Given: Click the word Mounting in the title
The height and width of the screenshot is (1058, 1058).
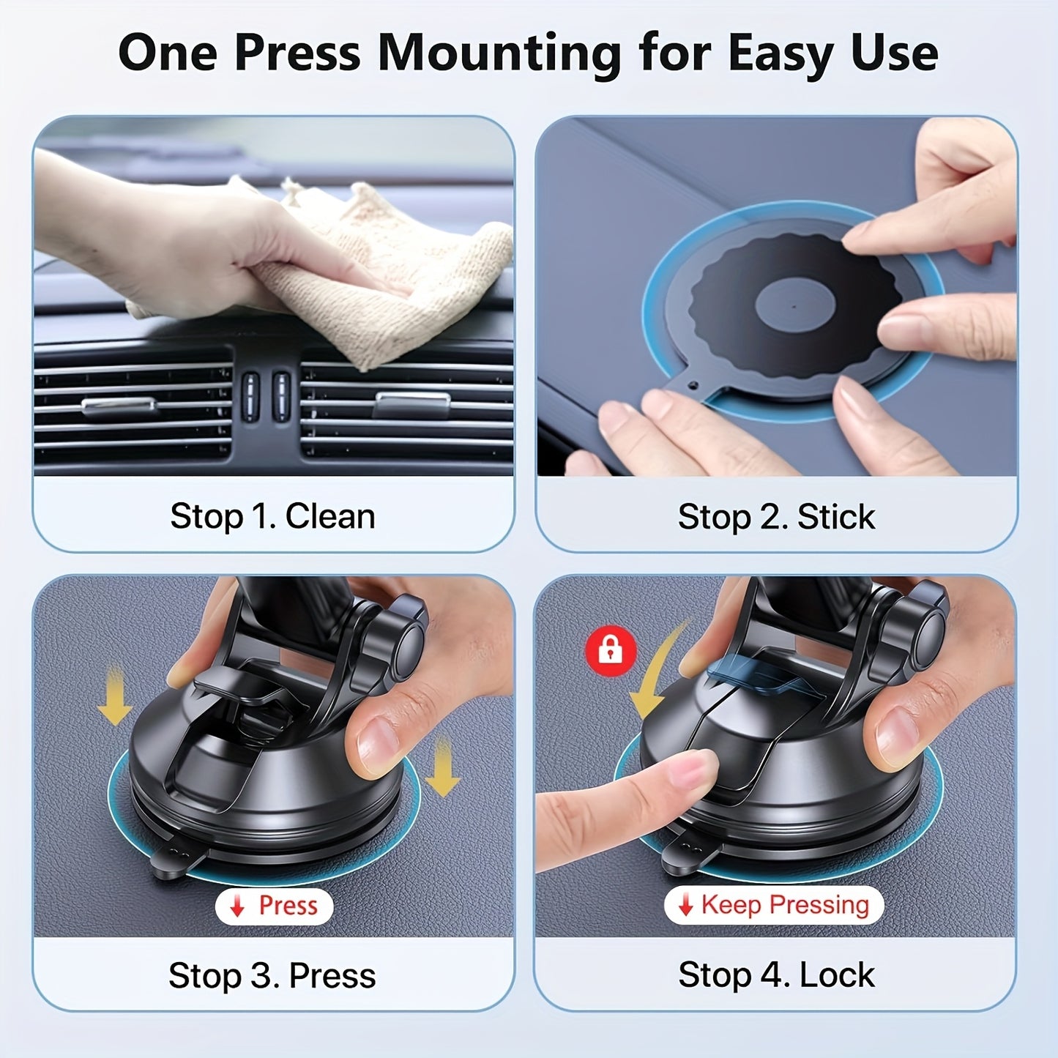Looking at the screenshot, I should [499, 54].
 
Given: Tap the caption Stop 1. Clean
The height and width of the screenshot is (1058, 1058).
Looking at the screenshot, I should [272, 516].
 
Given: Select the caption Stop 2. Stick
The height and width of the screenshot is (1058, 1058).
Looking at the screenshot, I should [776, 517].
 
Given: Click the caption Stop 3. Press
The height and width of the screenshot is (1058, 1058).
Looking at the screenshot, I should [272, 975].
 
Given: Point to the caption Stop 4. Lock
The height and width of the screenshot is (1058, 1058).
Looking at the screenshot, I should [776, 975].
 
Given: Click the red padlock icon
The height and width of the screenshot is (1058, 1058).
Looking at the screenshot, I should [611, 650].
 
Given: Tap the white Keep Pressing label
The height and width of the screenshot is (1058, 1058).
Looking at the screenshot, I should [775, 905].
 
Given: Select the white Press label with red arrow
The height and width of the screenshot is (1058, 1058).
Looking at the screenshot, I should [275, 906].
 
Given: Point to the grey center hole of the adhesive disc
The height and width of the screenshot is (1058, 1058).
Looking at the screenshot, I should [795, 305].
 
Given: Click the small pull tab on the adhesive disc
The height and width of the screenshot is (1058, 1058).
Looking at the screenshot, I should [692, 384].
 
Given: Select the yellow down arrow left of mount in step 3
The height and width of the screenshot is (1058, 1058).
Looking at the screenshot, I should [114, 696].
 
